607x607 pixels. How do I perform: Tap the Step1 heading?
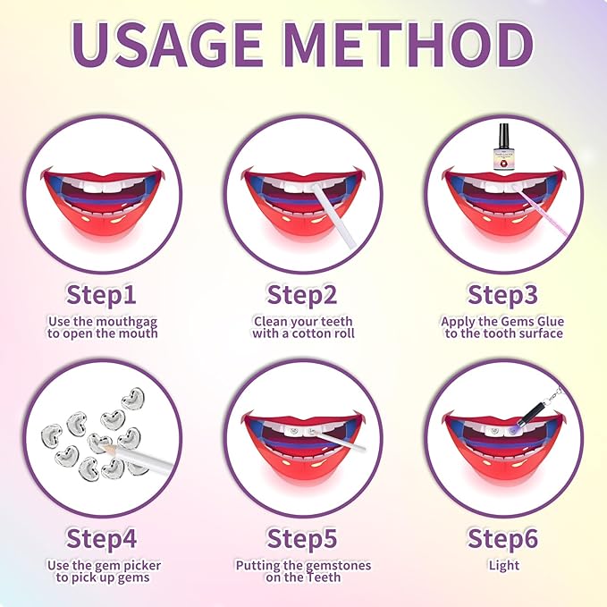pyautogui.click(x=102, y=294)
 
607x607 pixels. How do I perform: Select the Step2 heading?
pyautogui.click(x=303, y=294)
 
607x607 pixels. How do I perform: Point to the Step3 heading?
pyautogui.click(x=503, y=294)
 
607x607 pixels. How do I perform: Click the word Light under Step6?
pyautogui.click(x=503, y=565)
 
